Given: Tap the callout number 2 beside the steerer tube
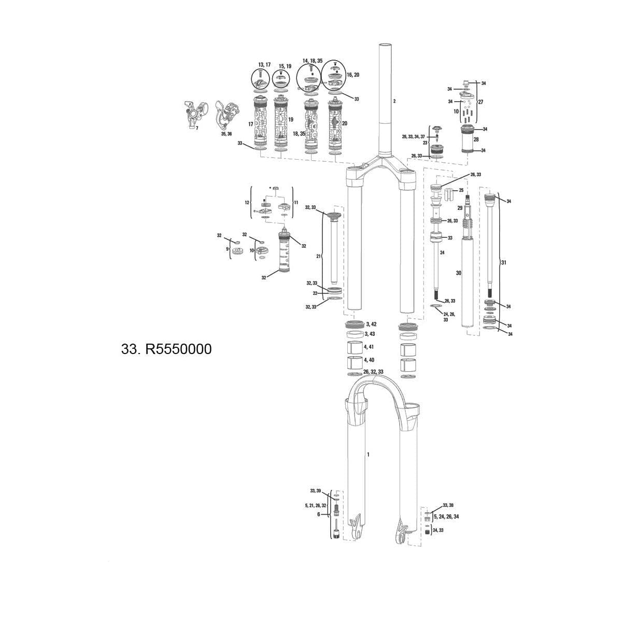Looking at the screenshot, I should [394, 101].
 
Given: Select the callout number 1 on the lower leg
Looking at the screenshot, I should [368, 455].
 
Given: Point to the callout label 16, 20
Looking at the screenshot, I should [353, 75].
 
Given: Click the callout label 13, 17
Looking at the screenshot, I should [264, 65].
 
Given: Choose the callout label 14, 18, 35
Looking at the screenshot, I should [313, 61].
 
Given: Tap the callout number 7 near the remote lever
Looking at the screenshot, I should [196, 128].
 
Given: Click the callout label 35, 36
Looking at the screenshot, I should [227, 134].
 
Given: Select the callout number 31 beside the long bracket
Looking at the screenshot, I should [504, 263].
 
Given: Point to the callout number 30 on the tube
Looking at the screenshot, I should [458, 273].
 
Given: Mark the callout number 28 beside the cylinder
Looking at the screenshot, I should [476, 139].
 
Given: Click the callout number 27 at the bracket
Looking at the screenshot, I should [480, 102].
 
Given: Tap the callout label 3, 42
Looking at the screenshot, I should [371, 324].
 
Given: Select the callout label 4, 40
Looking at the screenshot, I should [369, 360].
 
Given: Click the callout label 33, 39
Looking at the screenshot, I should [315, 490].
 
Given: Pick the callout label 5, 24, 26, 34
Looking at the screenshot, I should [446, 516].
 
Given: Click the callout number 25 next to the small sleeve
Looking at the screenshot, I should [461, 190].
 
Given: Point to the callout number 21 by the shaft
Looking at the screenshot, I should [319, 256].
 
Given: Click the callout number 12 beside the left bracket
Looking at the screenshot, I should [247, 202].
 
